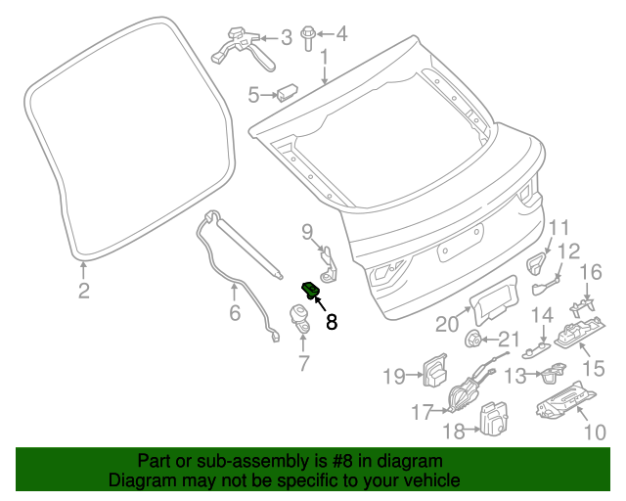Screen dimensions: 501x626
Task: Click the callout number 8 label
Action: (x=332, y=321)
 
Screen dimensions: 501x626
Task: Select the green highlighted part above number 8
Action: (x=312, y=290)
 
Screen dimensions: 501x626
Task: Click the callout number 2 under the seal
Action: (x=84, y=290)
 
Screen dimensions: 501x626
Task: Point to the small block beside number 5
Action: (x=288, y=93)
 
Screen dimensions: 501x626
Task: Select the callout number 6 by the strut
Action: (x=235, y=313)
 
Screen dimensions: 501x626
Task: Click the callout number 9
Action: (x=307, y=231)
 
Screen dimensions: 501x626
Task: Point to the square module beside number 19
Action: (x=433, y=372)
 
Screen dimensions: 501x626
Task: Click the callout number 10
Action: (x=593, y=429)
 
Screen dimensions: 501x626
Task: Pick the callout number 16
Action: (x=592, y=272)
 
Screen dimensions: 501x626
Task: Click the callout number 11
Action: (x=558, y=229)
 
